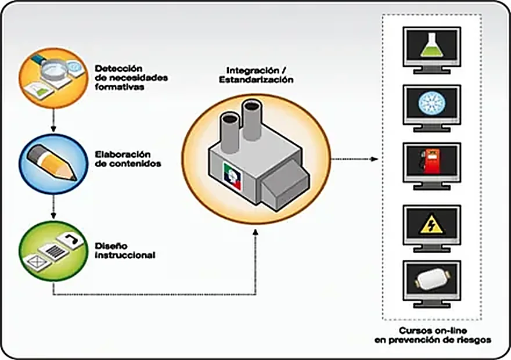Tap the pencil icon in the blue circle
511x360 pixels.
[52, 162]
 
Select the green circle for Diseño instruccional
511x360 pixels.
[53, 251]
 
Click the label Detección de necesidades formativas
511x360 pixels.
[131, 78]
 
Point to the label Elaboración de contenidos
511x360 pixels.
[128, 159]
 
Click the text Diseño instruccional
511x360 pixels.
[125, 250]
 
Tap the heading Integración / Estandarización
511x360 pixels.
[256, 75]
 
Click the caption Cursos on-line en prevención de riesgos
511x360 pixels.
[433, 335]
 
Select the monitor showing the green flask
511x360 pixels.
[432, 51]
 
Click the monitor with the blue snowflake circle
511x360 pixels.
[432, 108]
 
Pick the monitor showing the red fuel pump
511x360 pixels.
[432, 166]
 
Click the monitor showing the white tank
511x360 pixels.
[432, 284]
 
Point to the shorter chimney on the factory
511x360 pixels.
[231, 132]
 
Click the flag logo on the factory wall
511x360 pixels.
[232, 176]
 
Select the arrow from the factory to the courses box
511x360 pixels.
[355, 159]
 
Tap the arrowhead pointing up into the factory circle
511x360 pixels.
[255, 232]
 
